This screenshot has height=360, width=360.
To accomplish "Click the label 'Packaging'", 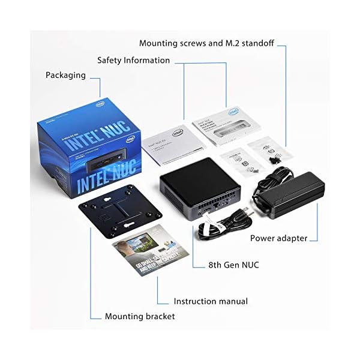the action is click(65, 76).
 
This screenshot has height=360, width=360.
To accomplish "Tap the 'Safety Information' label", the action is click(134, 61).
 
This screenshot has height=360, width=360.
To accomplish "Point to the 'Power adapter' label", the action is click(279, 238).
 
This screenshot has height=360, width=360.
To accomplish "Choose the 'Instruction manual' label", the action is click(211, 301).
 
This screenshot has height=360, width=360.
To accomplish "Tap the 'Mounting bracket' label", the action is click(140, 316).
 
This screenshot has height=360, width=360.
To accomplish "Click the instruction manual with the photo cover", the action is click(147, 252).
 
